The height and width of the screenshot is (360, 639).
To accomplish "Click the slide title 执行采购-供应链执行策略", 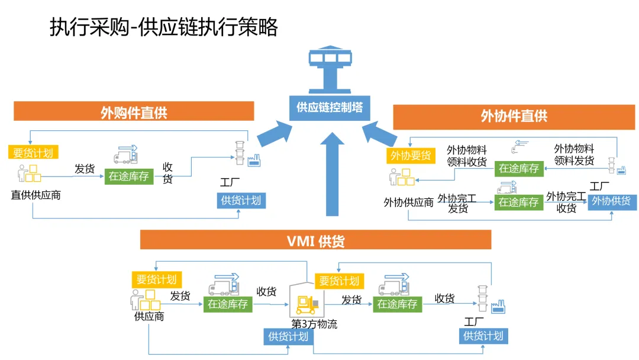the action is tap(164, 27).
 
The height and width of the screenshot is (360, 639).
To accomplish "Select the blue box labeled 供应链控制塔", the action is tap(330, 108).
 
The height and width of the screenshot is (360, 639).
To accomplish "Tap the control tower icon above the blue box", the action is tap(330, 70).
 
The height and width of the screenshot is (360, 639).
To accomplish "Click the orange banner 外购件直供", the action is tap(134, 111).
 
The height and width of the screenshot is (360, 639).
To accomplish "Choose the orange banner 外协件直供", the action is tap(514, 117).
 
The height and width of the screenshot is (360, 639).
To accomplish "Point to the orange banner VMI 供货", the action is tap(315, 240).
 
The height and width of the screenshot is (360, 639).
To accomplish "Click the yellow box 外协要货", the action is tap(411, 155).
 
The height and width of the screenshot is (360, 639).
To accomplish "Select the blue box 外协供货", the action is tap(612, 201).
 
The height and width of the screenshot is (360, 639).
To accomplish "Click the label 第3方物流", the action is tap(314, 324).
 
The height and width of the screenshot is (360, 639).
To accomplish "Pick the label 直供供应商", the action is tap(36, 195).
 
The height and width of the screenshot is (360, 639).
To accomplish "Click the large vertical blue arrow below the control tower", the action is tap(332, 174).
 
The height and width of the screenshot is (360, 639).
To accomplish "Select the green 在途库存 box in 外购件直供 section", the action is tap(129, 176).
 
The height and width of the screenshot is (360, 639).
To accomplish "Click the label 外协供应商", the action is tap(408, 202).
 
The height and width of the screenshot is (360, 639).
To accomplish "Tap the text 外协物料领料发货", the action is tap(574, 155).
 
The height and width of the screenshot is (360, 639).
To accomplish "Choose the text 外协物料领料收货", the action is tap(467, 156).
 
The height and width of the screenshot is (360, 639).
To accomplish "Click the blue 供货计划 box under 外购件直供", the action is tap(241, 201).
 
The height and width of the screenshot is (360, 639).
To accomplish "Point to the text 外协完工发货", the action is tap(457, 204).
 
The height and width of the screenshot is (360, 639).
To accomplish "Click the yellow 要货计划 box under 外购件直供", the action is tap(33, 153).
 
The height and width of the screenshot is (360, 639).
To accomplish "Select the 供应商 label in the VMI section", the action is tap(149, 316).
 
